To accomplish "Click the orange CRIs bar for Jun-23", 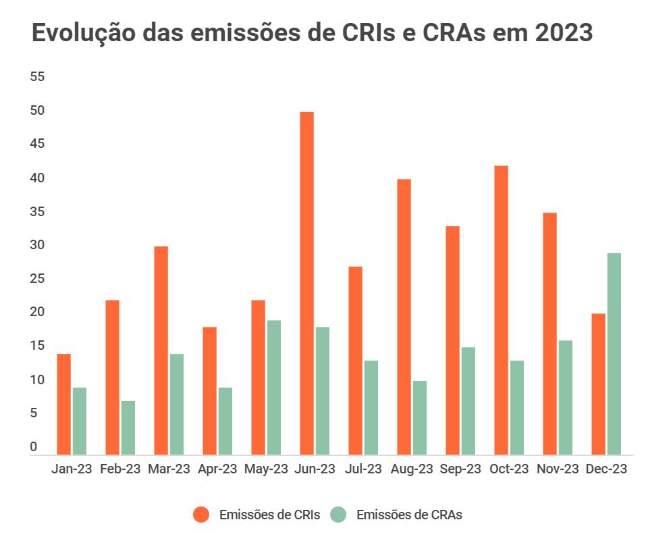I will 306,283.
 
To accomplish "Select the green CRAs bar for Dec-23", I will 614,354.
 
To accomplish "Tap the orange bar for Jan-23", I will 63,404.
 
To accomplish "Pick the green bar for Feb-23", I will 128,427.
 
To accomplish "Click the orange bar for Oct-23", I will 501,310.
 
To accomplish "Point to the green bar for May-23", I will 274,387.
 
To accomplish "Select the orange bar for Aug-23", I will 404,317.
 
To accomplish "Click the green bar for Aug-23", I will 420,417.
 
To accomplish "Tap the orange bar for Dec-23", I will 598,384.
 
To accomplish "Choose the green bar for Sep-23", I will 468,400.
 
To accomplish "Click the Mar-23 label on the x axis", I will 169,469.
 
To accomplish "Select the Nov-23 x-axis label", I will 558,469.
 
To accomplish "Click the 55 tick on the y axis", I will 38,77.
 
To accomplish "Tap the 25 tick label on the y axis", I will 38,279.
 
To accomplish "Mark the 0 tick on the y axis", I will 34,447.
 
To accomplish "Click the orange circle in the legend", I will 201,515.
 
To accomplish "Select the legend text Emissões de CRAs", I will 409,515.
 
